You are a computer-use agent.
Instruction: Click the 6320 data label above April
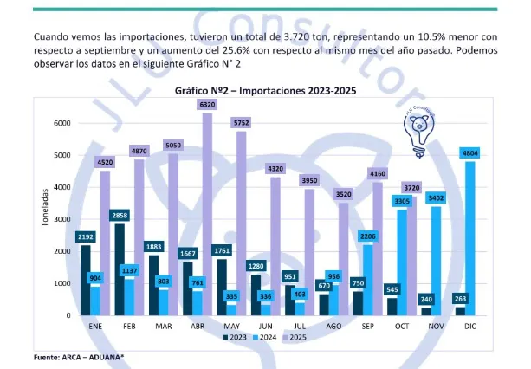[x=206, y=105]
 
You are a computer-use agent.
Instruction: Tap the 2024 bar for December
[x=469, y=243]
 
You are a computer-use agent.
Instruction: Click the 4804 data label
[x=469, y=152]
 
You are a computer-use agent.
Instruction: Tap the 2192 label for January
[x=86, y=236]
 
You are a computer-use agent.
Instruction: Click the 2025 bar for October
[x=413, y=260]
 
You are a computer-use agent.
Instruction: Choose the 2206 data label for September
[x=368, y=236]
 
